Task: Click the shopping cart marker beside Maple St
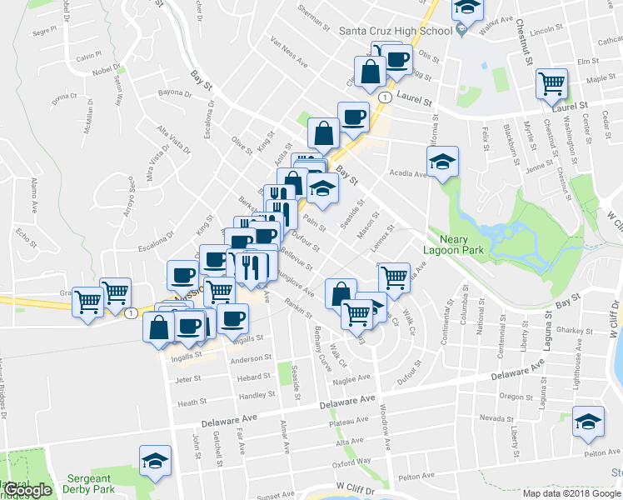point(551,84)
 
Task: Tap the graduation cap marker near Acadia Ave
point(443,162)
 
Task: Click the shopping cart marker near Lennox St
point(393,278)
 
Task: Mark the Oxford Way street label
point(351,462)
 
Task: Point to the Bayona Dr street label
point(174,92)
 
